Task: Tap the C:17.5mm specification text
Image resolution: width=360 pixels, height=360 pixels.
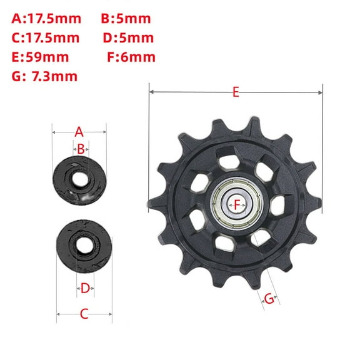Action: click(45, 37)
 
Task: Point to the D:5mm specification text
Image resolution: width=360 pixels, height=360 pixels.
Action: click(128, 37)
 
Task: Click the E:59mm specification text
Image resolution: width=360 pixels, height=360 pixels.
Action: click(41, 57)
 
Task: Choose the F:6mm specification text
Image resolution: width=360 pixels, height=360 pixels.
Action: click(132, 57)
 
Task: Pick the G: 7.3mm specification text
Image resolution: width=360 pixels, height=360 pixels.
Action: click(44, 77)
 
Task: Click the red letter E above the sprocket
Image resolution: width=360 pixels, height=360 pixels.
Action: click(236, 92)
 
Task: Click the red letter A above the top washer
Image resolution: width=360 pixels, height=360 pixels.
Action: click(79, 131)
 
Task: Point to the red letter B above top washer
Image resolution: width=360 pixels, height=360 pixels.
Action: click(80, 149)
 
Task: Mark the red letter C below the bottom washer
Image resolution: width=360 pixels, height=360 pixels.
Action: click(84, 314)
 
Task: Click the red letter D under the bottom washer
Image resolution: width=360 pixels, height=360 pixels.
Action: click(85, 288)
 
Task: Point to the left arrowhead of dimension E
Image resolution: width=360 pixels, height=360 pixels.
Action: click(151, 92)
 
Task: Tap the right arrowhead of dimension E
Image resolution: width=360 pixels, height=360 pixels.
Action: click(321, 92)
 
